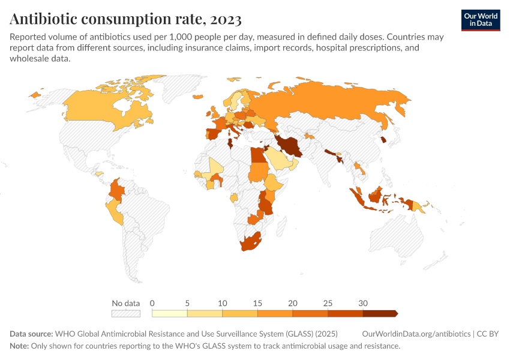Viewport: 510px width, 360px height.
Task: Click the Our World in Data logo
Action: coord(481,20)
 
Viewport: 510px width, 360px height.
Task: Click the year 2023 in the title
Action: coord(226,19)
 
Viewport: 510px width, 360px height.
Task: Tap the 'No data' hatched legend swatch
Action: coord(126,313)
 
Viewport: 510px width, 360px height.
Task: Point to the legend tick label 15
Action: coord(257,303)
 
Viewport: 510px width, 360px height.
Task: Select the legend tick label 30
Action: coord(362,303)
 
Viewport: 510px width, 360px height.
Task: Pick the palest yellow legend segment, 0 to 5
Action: coord(170,313)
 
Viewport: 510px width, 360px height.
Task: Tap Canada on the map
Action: coord(107,107)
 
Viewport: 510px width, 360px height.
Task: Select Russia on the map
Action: coord(325,104)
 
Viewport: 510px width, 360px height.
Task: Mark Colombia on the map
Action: coord(117,190)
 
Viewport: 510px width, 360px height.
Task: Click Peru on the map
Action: coord(115,211)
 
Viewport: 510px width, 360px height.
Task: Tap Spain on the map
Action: coord(215,134)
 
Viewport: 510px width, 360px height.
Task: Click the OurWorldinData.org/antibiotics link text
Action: coord(416,334)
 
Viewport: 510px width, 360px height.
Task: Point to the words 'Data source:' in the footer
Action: coord(31,334)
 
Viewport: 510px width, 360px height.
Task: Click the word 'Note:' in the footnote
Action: coord(19,346)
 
